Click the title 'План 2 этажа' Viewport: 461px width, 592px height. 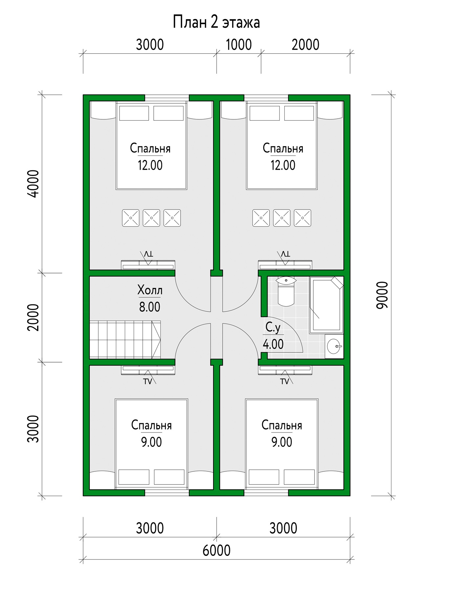click(216, 22)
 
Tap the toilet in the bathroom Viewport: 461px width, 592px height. click(286, 291)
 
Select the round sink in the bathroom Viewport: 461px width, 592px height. click(334, 346)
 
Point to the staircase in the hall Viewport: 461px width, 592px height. click(125, 340)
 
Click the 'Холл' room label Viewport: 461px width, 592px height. click(150, 290)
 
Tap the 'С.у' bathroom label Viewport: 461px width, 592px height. click(273, 328)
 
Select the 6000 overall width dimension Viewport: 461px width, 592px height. click(216, 551)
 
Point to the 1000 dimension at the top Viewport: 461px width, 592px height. click(239, 45)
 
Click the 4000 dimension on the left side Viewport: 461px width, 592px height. click(33, 184)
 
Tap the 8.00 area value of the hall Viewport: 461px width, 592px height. click(150, 307)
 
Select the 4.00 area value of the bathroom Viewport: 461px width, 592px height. click(273, 344)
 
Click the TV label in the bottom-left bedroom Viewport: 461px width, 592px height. click(148, 382)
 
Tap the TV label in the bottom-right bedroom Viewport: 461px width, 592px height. click(285, 382)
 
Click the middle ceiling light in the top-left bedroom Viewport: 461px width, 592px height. click(151, 218)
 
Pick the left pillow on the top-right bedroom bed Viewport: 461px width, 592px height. click(265, 113)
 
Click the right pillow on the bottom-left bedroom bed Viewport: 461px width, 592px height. click(169, 477)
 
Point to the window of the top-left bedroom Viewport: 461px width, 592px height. click(167, 98)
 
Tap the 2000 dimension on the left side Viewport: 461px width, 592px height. click(33, 317)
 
